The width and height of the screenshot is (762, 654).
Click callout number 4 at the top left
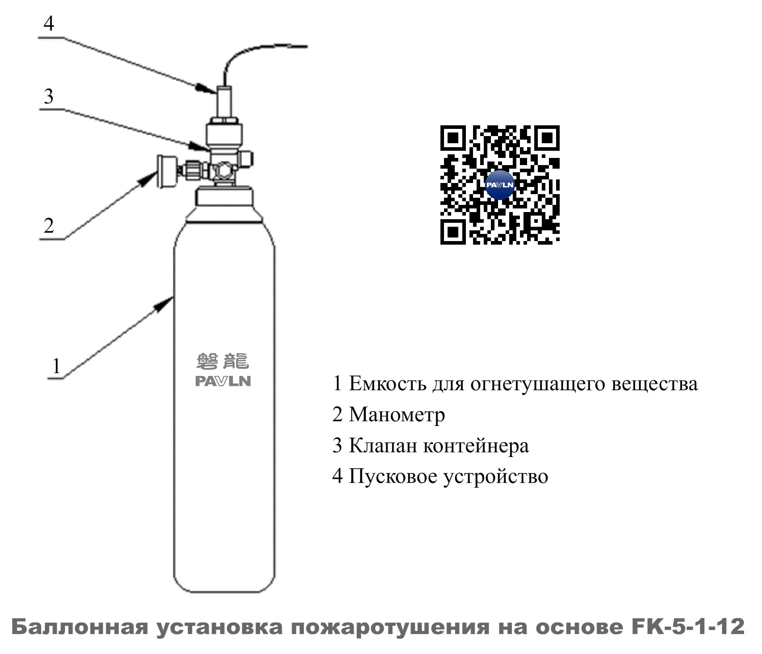point(48,23)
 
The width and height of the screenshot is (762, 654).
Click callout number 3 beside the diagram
point(48,96)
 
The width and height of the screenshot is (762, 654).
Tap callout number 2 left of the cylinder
point(48,226)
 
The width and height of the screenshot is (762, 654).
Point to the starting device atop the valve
point(224,103)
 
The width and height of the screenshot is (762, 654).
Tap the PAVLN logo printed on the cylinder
point(223,381)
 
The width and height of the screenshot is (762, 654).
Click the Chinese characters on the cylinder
point(223,361)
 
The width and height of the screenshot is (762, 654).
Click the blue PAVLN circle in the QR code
point(500,185)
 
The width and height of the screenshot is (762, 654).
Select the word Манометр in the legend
point(397,415)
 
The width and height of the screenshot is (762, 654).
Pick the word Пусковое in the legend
point(393,476)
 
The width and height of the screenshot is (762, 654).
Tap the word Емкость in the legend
point(388,383)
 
